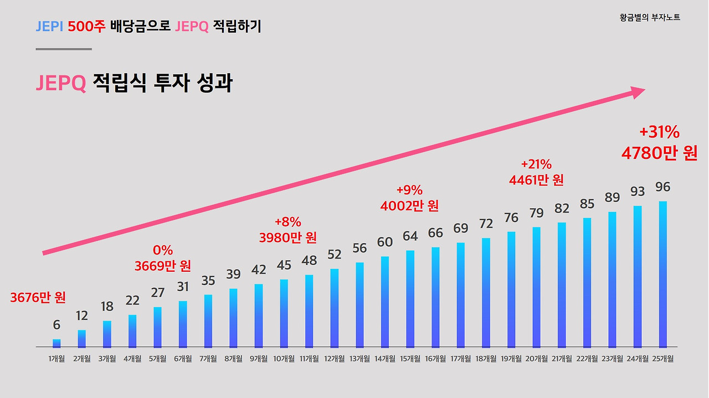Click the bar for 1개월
tap(56, 343)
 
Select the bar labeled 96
tap(662, 274)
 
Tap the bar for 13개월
tap(359, 304)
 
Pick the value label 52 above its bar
tap(335, 255)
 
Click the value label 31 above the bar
tap(183, 287)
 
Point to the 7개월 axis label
tap(208, 359)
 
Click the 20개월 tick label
tap(536, 359)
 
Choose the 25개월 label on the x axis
tap(662, 359)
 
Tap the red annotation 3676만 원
tap(38, 298)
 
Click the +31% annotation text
tap(659, 133)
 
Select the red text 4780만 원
tap(659, 153)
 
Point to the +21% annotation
tap(536, 164)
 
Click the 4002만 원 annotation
tap(409, 206)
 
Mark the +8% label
tap(288, 223)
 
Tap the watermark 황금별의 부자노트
tap(650, 18)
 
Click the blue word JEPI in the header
tap(49, 26)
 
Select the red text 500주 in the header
tap(86, 26)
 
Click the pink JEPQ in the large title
tap(61, 83)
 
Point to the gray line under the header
tap(64, 49)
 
